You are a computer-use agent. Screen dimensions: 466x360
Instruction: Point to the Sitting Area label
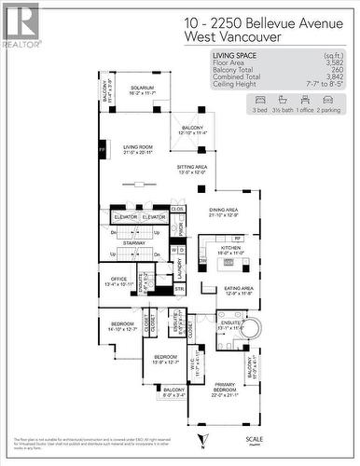(x=191, y=169)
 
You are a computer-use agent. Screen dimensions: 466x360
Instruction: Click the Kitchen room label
(x=230, y=250)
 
